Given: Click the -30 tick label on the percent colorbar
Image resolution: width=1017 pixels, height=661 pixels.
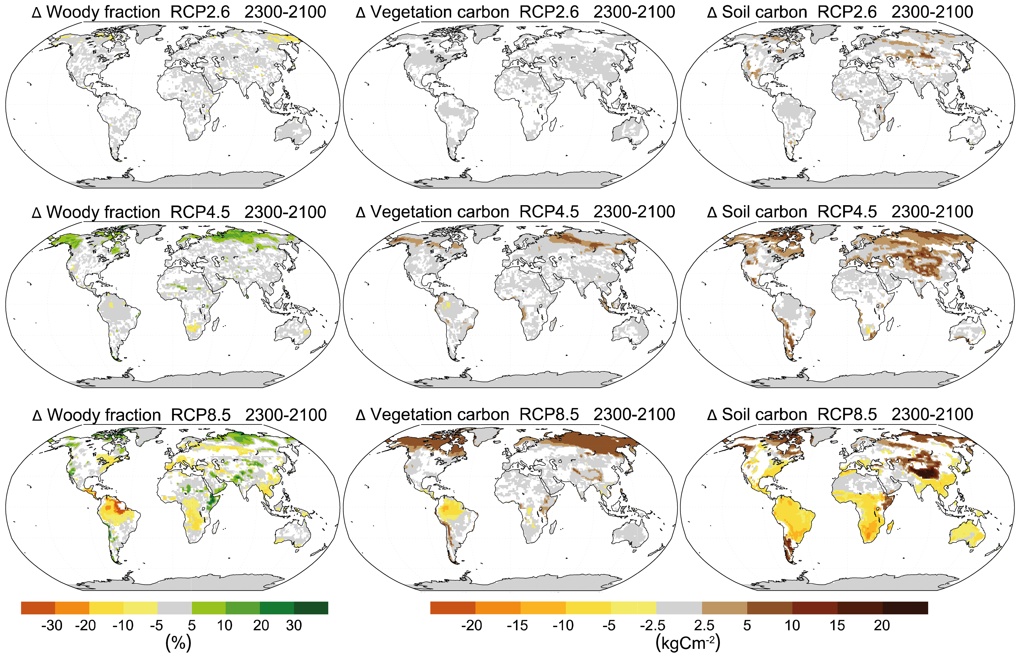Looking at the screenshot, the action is coord(52,626).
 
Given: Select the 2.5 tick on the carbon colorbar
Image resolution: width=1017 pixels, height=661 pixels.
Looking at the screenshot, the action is coord(704,626).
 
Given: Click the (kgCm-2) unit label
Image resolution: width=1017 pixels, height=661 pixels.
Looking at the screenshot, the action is coord(688,643).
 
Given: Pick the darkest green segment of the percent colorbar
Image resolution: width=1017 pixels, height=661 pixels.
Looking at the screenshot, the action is coord(311,608).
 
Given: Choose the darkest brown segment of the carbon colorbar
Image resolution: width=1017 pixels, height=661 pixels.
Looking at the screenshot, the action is coord(905,608).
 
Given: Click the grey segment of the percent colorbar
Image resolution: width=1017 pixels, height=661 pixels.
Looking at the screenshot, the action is coord(174,608).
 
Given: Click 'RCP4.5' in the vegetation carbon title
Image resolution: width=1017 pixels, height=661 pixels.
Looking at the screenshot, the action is coord(549,212).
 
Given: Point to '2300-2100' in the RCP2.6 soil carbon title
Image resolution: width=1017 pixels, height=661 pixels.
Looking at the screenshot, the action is coord(932,12).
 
